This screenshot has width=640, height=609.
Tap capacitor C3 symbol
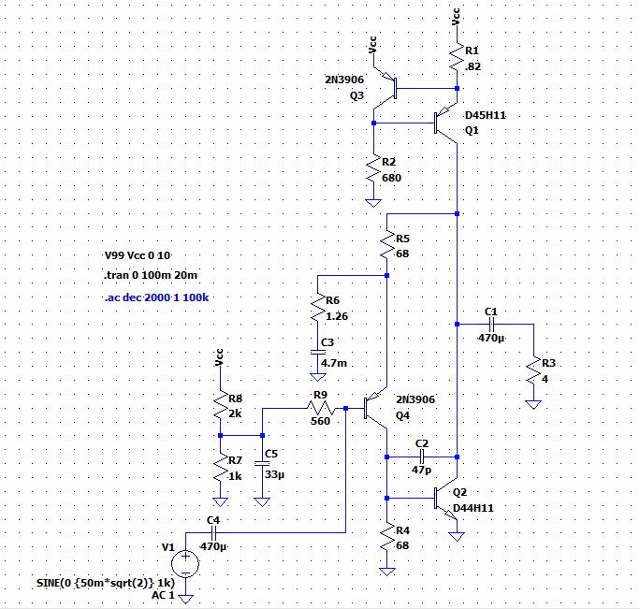tap(318, 352)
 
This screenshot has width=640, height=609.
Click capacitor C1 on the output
tap(490, 324)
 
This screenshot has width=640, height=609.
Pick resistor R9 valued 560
tap(321, 409)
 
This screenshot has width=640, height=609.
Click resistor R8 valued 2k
tap(219, 404)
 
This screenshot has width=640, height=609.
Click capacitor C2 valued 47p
tap(421, 457)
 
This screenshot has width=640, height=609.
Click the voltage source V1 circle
tap(185, 562)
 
